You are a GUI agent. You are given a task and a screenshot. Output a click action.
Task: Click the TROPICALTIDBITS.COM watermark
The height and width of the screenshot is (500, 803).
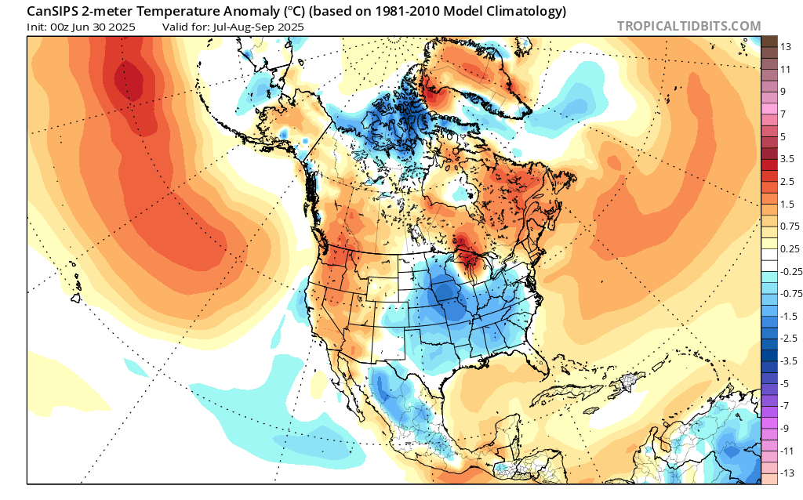pyautogui.click(x=689, y=26)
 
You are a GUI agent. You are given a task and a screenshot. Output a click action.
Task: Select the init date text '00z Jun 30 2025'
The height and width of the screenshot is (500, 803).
pyautogui.click(x=93, y=27)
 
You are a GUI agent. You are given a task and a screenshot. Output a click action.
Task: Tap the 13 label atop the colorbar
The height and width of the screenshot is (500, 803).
pyautogui.click(x=784, y=47)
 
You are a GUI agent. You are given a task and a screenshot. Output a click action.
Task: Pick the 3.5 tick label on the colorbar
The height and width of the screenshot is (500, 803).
pyautogui.click(x=787, y=158)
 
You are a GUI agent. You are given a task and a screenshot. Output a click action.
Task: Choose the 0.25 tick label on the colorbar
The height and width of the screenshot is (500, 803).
pyautogui.click(x=788, y=248)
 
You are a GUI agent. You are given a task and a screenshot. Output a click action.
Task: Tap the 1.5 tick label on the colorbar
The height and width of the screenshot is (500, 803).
pyautogui.click(x=787, y=204)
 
